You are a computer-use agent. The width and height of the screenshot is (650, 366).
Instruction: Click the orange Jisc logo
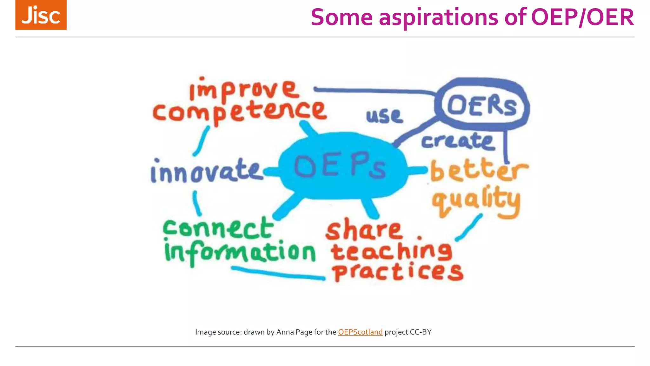point(41,15)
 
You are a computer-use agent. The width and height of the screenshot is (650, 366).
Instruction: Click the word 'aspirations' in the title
point(438,17)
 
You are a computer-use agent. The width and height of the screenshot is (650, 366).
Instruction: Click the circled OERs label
point(481,105)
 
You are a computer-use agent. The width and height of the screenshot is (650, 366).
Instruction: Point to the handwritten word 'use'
point(384,116)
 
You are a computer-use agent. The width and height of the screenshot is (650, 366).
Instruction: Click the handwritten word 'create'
point(458,141)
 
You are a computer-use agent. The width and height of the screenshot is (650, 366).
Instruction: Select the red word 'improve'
point(244,90)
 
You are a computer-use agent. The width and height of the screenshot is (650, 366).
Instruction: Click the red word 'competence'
point(240,111)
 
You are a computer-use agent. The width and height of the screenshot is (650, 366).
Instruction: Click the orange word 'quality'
point(476,200)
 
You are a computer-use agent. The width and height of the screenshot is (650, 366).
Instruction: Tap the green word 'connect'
point(218,228)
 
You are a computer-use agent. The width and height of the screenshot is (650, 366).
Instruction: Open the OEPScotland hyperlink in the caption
point(360,332)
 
